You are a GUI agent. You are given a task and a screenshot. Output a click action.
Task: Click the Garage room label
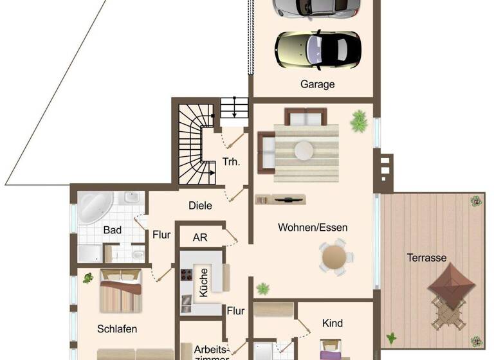tap(317, 84)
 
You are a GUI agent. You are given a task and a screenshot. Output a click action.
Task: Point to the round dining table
tap(334, 256)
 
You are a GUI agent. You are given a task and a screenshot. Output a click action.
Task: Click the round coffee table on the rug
tap(304, 150)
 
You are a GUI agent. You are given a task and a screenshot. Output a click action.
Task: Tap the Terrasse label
tap(426, 258)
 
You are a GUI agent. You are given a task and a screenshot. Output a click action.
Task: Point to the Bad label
tap(113, 229)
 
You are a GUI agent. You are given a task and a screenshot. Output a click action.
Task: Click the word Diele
tap(200, 206)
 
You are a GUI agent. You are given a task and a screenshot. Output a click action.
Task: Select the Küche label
tap(203, 282)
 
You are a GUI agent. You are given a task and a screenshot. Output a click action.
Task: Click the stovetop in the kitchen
tap(187, 276)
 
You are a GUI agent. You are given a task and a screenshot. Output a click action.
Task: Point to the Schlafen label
tap(117, 328)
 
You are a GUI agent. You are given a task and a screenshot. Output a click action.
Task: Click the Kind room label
tap(333, 323)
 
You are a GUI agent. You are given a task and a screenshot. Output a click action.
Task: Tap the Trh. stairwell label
tap(232, 162)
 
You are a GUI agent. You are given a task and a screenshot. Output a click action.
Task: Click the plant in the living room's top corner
tap(359, 120)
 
